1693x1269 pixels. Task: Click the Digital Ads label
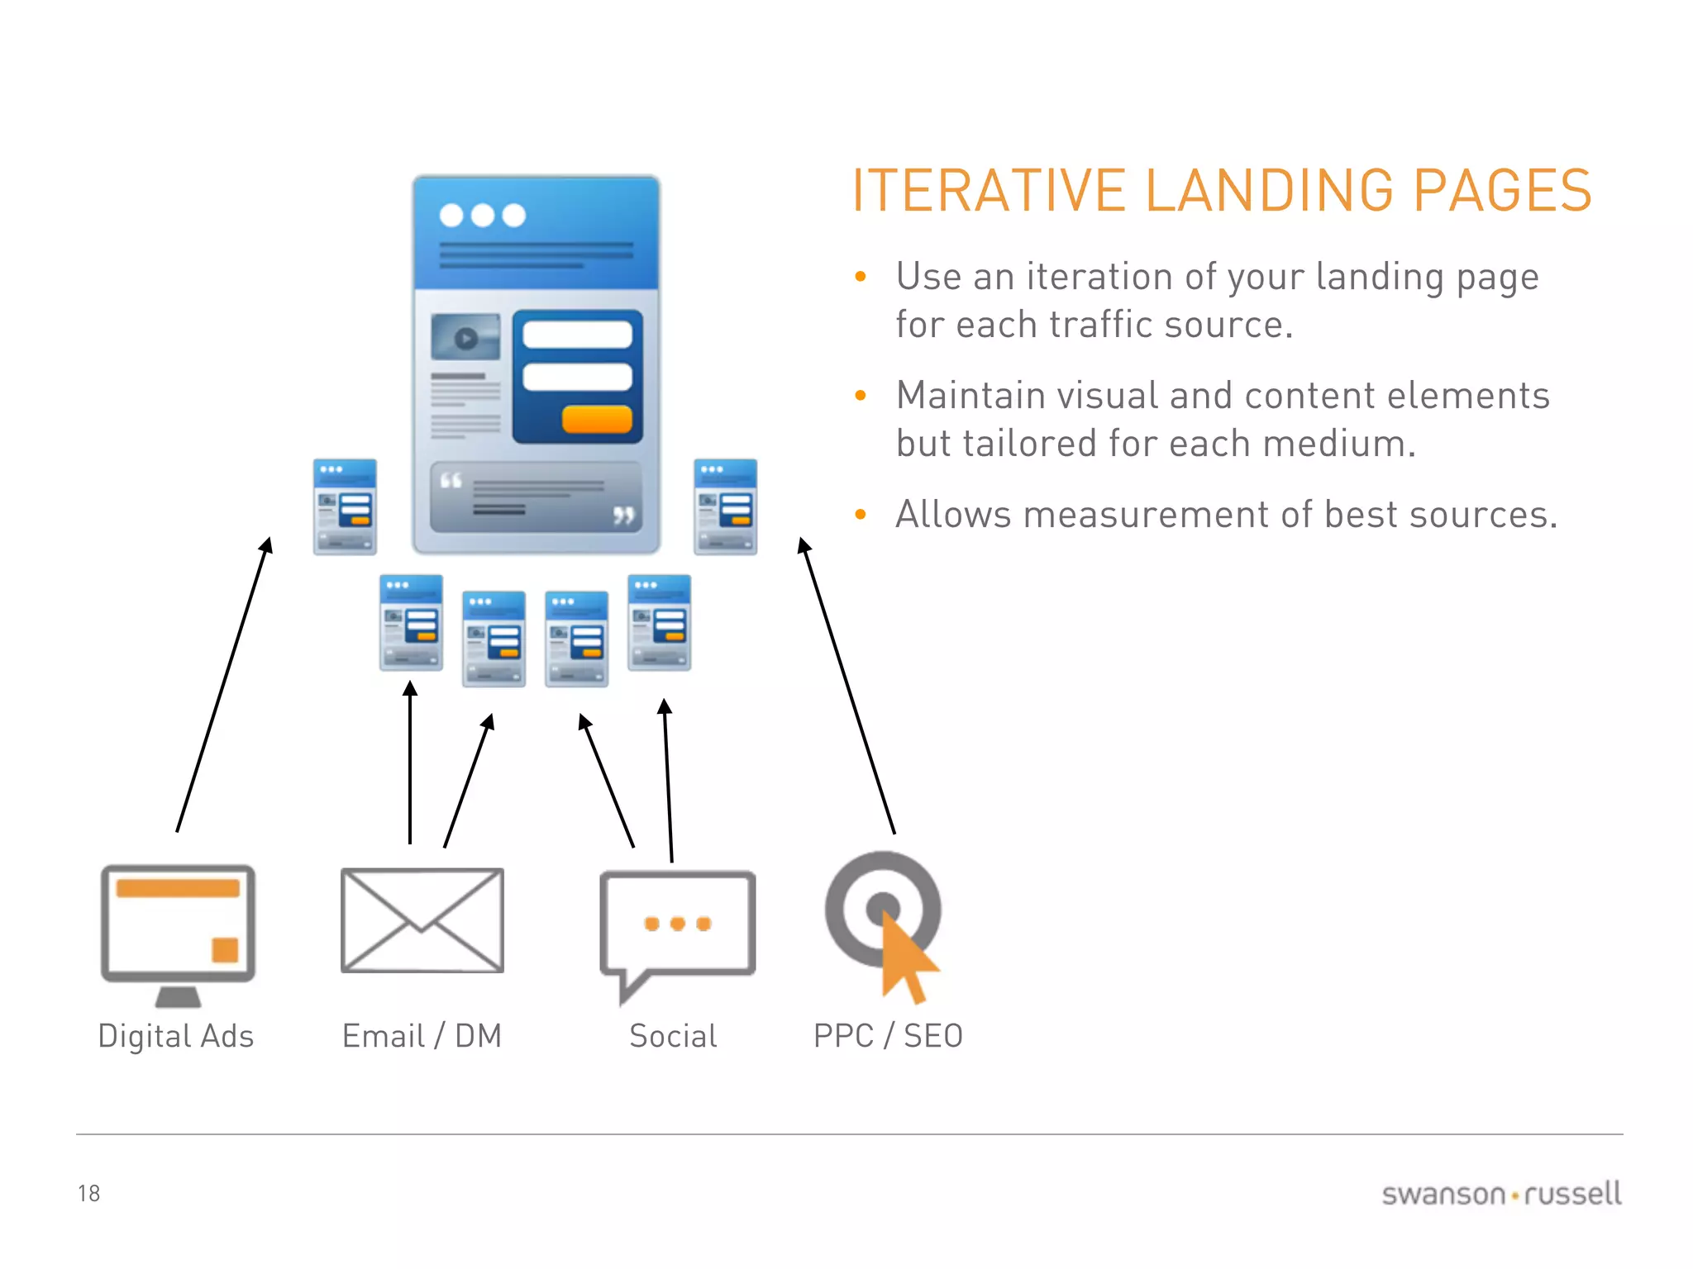pyautogui.click(x=175, y=1036)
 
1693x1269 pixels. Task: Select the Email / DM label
pyautogui.click(x=422, y=1036)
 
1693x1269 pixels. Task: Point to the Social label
pyautogui.click(x=673, y=1036)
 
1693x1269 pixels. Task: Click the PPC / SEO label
pyautogui.click(x=888, y=1036)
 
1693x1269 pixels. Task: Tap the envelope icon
pyautogui.click(x=422, y=920)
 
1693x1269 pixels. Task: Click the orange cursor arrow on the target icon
pyautogui.click(x=907, y=958)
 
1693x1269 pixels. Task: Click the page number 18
pyautogui.click(x=88, y=1193)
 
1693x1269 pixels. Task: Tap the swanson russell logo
pyautogui.click(x=1501, y=1194)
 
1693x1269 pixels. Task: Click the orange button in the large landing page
pyautogui.click(x=597, y=419)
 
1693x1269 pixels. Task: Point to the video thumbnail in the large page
pyautogui.click(x=465, y=337)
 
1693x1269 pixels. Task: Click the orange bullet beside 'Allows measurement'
pyautogui.click(x=861, y=515)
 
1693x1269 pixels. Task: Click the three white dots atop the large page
pyautogui.click(x=483, y=216)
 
